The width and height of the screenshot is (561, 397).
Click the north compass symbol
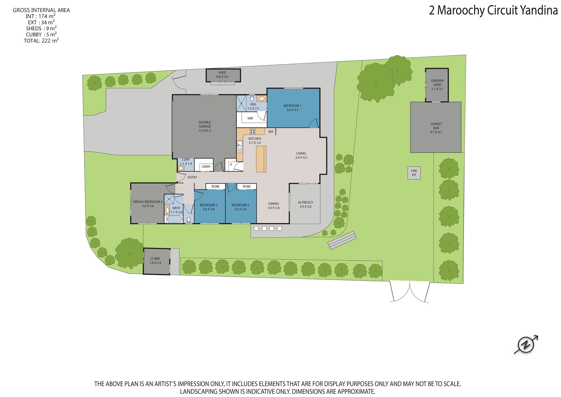coord(526,345)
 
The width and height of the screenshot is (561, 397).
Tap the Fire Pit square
coord(414,173)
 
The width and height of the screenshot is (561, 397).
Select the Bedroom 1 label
coord(292,108)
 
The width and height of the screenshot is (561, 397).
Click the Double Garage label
coord(205,126)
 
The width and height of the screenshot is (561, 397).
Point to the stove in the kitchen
coord(252,131)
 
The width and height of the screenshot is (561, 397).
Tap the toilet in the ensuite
coord(252,98)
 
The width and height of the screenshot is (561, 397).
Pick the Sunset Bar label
coord(436,128)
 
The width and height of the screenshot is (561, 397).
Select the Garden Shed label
coord(437,85)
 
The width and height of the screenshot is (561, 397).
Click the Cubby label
coord(155,261)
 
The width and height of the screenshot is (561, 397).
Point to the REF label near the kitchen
coord(271,132)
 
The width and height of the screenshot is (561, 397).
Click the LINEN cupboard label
coord(206,167)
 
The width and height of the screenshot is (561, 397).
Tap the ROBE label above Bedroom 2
coord(247,186)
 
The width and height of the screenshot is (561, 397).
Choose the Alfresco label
coord(305,204)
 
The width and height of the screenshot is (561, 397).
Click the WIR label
coord(250,118)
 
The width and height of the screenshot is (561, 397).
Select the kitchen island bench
coord(261,159)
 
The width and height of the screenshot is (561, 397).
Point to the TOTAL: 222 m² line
coord(41,41)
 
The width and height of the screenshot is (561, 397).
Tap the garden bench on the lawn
coord(342,240)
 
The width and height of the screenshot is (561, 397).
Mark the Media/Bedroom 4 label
coord(148,204)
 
